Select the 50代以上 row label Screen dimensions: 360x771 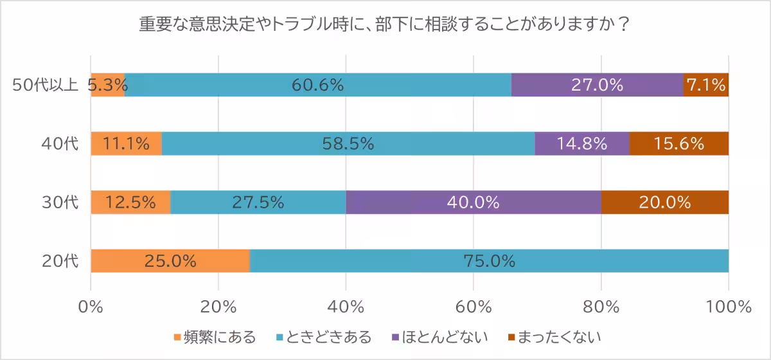[x=45, y=85]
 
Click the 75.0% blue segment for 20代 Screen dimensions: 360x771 [x=489, y=261]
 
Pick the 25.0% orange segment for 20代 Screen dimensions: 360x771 [x=170, y=261]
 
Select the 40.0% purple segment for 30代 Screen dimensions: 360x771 [x=474, y=203]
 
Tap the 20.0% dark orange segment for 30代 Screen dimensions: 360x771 [x=664, y=203]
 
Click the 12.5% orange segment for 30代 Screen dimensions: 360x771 [x=130, y=203]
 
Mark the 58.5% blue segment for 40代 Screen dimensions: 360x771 [x=348, y=144]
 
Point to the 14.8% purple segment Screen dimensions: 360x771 [x=582, y=144]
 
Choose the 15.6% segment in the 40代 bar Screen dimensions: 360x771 [x=678, y=144]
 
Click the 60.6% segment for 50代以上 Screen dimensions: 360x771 [x=317, y=85]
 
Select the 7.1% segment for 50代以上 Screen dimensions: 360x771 [x=705, y=85]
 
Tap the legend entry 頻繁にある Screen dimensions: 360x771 [x=215, y=337]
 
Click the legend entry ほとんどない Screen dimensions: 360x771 [x=439, y=337]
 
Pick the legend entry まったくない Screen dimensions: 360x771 [x=554, y=337]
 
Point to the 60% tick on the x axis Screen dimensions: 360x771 [x=474, y=307]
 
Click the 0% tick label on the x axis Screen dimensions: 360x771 [x=91, y=307]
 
